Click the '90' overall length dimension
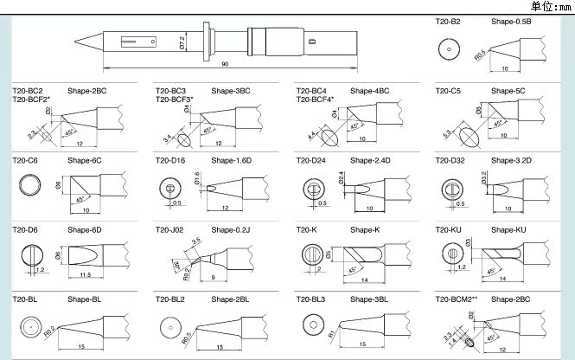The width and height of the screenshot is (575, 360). (x=225, y=65)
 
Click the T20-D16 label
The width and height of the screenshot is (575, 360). (x=170, y=160)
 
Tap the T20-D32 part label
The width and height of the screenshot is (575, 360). (x=450, y=160)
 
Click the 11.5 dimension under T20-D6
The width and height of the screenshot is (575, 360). (x=84, y=274)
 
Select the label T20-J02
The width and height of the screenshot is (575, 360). (x=170, y=229)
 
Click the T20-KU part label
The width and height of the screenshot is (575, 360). (x=447, y=229)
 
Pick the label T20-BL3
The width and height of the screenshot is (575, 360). (x=311, y=299)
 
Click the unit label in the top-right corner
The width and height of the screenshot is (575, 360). (x=551, y=6)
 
